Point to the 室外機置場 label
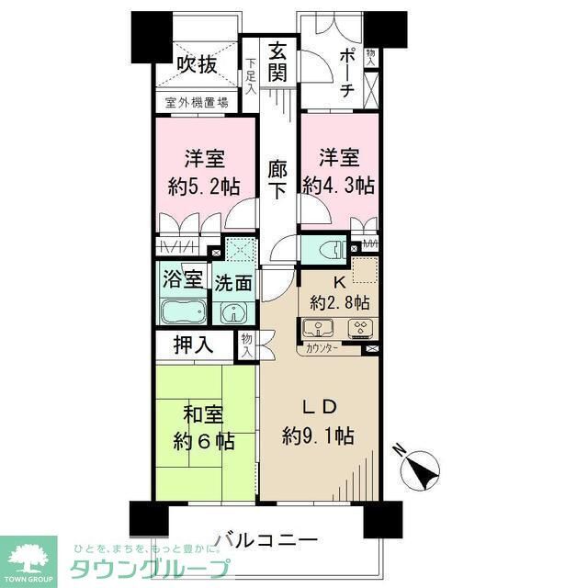point(197,103)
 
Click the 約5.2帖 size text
point(203,185)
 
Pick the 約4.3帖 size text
point(339,185)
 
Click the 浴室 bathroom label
point(177,277)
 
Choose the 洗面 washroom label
point(233,284)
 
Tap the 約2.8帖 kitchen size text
point(340,302)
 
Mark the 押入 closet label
point(195,345)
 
